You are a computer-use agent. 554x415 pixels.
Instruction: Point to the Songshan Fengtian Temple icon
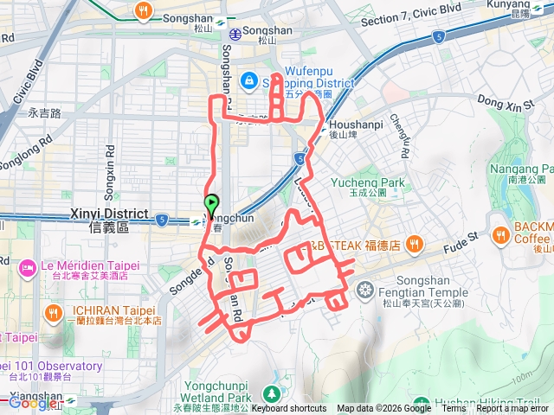[x=365, y=288]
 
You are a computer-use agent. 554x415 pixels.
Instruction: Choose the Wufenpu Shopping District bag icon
[x=249, y=80]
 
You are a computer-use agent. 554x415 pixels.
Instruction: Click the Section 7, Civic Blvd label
[x=401, y=21]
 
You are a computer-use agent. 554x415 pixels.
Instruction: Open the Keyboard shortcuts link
[x=289, y=409]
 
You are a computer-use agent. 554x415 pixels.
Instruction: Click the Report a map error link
[x=512, y=409]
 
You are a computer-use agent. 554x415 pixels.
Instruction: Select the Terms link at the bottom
[x=453, y=409]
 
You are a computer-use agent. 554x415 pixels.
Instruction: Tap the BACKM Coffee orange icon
[x=501, y=233]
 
